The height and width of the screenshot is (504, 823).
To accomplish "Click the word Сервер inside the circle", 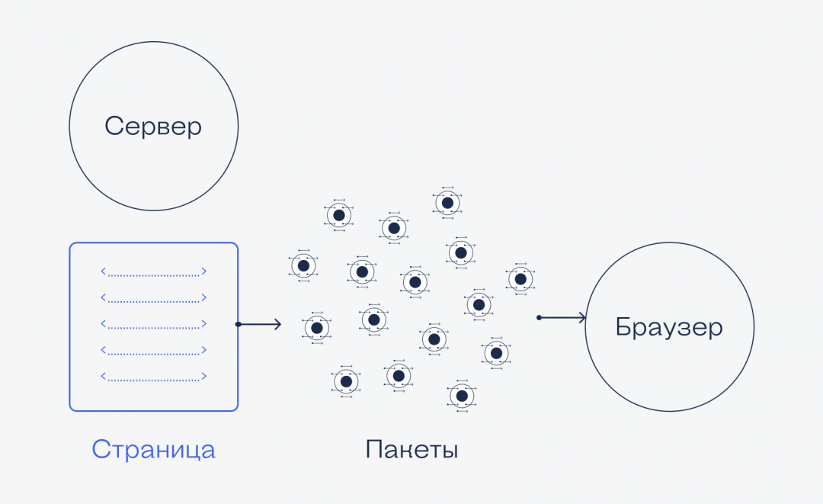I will click(x=153, y=126).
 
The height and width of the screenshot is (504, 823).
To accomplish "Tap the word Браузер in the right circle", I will click(x=669, y=327).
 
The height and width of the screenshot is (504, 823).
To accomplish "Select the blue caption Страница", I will click(x=153, y=449).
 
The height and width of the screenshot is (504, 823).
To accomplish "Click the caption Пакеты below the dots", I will click(x=411, y=449).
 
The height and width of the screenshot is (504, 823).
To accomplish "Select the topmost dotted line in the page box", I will click(x=153, y=271).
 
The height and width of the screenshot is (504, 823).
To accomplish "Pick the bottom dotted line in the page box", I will click(x=153, y=377).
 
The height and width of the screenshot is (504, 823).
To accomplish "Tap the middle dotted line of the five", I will click(x=153, y=324).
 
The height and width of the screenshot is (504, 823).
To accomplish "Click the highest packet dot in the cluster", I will click(x=448, y=202).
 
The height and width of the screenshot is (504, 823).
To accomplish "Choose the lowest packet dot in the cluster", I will click(x=460, y=396).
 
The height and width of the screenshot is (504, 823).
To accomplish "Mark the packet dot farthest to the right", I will click(x=520, y=279).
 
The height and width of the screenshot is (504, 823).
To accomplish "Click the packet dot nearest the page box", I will click(x=303, y=265).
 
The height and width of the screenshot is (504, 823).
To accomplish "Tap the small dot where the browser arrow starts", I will click(x=539, y=318).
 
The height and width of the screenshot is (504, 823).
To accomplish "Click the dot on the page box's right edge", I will click(x=239, y=325).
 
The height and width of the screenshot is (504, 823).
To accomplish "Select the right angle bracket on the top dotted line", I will click(x=203, y=271).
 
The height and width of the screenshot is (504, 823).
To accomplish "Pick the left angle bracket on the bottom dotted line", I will click(x=104, y=377).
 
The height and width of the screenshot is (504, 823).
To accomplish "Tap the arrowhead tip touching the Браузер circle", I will click(x=584, y=318).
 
